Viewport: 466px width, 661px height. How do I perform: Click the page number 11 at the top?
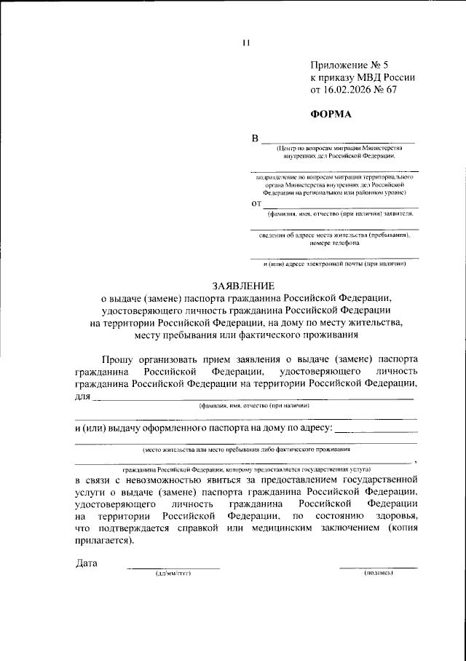pyautogui.click(x=246, y=42)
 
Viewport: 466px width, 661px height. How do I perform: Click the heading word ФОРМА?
pyautogui.click(x=331, y=114)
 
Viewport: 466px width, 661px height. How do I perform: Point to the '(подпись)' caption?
pyautogui.click(x=379, y=574)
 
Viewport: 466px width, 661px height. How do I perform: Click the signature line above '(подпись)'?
pyautogui.click(x=379, y=567)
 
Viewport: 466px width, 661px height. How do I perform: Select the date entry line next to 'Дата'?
pyautogui.click(x=173, y=567)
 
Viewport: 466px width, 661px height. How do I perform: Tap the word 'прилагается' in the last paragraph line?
pyautogui.click(x=104, y=543)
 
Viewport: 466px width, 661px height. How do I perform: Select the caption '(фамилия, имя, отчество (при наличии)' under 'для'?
pyautogui.click(x=255, y=405)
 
